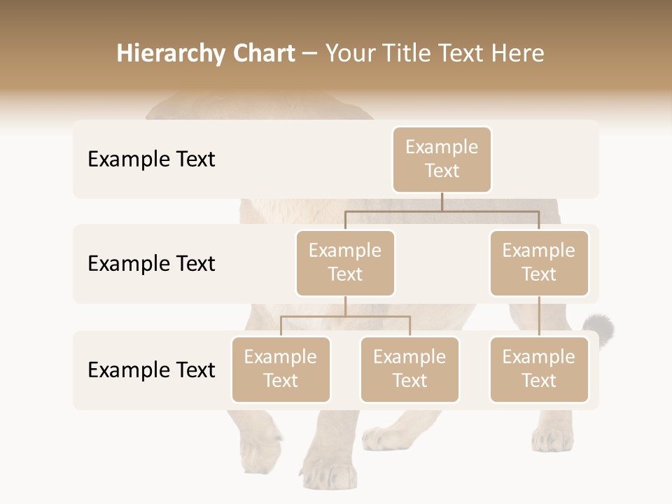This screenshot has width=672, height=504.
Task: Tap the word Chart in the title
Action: (x=263, y=53)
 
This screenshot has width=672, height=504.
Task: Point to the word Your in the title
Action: (x=350, y=53)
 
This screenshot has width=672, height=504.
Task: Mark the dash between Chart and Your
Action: (x=310, y=55)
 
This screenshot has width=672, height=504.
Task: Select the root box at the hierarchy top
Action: (x=442, y=159)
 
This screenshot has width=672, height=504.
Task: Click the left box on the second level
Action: (x=345, y=262)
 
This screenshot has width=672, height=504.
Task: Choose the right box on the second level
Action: (x=539, y=262)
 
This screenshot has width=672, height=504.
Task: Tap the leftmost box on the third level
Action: (x=281, y=369)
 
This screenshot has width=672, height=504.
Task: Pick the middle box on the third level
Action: (x=409, y=369)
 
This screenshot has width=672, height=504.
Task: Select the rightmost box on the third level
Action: (x=539, y=369)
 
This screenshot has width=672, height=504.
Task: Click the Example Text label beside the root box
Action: (x=151, y=160)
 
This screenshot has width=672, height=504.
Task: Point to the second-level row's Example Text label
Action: (x=151, y=264)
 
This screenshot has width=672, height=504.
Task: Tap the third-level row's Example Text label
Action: (x=151, y=370)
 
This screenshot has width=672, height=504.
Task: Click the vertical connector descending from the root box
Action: (x=442, y=201)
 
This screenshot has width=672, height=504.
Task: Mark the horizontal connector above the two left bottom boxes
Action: (x=345, y=316)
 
